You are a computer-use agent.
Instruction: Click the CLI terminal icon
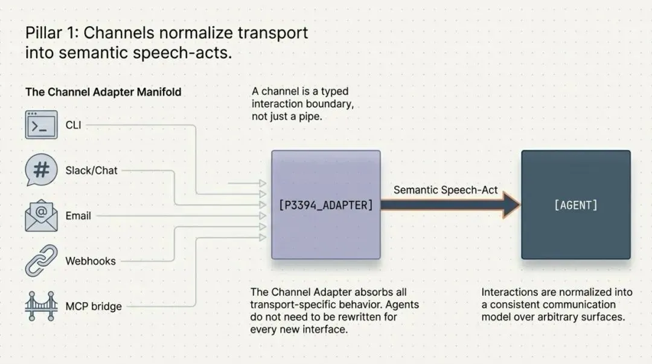coord(41,125)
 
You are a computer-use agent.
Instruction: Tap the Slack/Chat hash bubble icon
coord(41,170)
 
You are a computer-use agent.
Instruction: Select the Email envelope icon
coord(41,216)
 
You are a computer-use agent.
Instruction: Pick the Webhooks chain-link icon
coord(41,261)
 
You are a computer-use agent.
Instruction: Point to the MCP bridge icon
coord(41,306)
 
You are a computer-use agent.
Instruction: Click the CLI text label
coord(73,125)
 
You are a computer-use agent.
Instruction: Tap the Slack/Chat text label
coord(91,171)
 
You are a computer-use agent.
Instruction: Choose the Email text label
coord(78,216)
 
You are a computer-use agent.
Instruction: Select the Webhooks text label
coord(91,261)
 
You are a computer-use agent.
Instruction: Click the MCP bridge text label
coord(94,307)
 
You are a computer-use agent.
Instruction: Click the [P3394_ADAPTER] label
coord(325,205)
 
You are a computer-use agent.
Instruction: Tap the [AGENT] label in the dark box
coord(575,205)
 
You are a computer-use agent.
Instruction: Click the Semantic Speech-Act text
coord(446,190)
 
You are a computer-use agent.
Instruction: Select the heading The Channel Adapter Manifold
coord(103,92)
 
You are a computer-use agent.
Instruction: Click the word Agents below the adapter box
coord(403,304)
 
